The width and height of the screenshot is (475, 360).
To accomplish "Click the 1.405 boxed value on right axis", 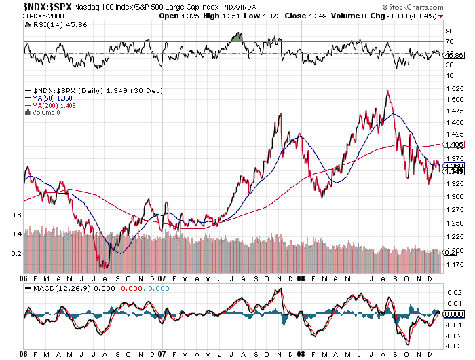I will tap(453, 145).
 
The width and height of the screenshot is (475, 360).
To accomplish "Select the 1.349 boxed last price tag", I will tap(453, 171).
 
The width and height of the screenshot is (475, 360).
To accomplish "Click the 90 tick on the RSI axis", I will tap(449, 31).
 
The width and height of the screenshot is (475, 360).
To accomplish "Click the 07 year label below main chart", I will tap(161, 278).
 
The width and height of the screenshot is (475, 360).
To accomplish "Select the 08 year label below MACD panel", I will tap(300, 354).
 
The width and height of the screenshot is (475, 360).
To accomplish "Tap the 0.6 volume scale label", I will tap(18, 215).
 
